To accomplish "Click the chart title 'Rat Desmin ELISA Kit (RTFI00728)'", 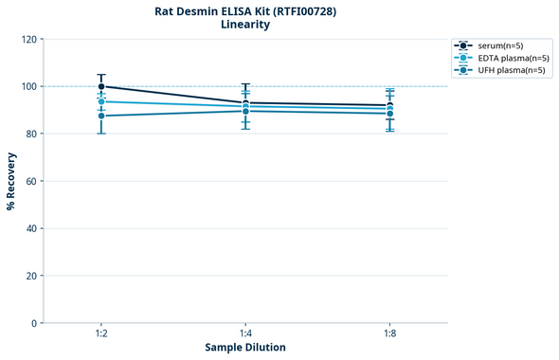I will pyautogui.click(x=245, y=11).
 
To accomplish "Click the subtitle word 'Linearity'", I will pyautogui.click(x=245, y=26).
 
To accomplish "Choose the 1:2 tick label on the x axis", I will pyautogui.click(x=101, y=334).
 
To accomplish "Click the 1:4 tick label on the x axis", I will pyautogui.click(x=245, y=334).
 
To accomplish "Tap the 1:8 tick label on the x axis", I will pyautogui.click(x=389, y=334).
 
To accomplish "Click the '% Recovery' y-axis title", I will pyautogui.click(x=10, y=181).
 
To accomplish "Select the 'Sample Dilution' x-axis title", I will pyautogui.click(x=245, y=348).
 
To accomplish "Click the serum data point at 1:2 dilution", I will pyautogui.click(x=101, y=86).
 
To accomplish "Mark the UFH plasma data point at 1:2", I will pyautogui.click(x=101, y=116).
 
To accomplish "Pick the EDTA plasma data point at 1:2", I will pyautogui.click(x=101, y=101).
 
